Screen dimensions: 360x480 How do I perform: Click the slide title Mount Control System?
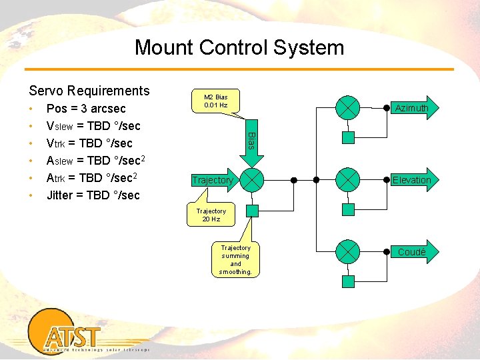(239, 47)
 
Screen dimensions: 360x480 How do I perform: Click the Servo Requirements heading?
(89, 91)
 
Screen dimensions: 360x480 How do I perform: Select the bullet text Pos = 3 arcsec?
(86, 109)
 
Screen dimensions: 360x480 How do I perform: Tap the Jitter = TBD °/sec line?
(93, 195)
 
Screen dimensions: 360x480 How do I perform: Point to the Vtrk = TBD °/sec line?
(89, 143)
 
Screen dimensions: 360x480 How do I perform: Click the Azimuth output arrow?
(411, 108)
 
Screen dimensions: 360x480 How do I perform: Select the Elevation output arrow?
(411, 180)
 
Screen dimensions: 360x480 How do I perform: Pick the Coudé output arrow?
(411, 252)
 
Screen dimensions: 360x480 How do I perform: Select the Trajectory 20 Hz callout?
(211, 215)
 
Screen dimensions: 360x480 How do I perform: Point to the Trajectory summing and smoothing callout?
(235, 259)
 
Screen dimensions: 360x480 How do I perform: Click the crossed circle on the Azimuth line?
(347, 107)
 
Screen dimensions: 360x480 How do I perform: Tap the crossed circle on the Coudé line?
(347, 251)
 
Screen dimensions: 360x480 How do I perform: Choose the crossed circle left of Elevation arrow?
(347, 179)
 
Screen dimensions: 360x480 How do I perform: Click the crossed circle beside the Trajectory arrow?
(251, 179)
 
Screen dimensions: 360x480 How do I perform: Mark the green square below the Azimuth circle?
(348, 138)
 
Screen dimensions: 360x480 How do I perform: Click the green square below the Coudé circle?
(348, 282)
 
